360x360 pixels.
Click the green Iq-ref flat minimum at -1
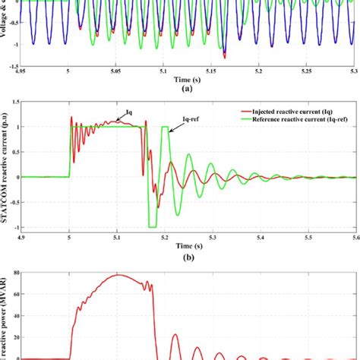153,226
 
